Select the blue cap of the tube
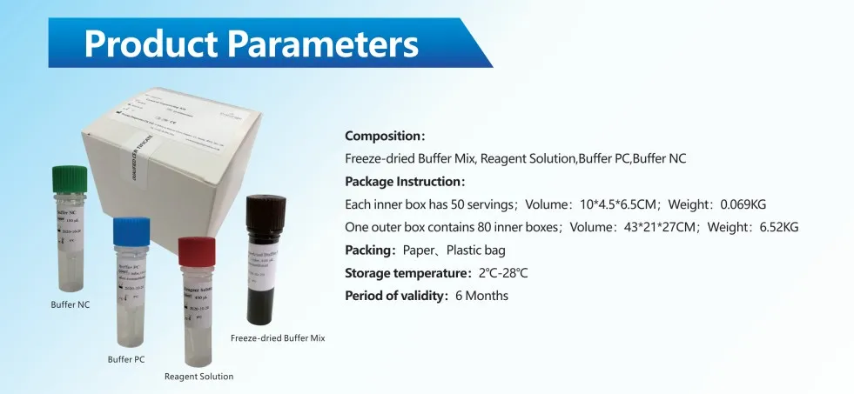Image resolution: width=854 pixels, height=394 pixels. [x=132, y=231]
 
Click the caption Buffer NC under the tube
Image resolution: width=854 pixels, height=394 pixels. [x=70, y=305]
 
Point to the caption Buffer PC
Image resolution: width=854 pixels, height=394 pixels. [x=126, y=358]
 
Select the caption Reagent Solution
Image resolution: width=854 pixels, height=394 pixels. [x=198, y=377]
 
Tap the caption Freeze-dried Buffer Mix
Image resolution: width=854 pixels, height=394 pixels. [x=278, y=337]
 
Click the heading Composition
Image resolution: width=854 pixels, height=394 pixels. [x=383, y=137]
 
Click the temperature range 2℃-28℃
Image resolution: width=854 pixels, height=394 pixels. [x=498, y=273]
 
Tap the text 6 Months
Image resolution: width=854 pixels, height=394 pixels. [x=481, y=296]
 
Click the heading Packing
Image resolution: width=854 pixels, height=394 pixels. [x=369, y=250]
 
